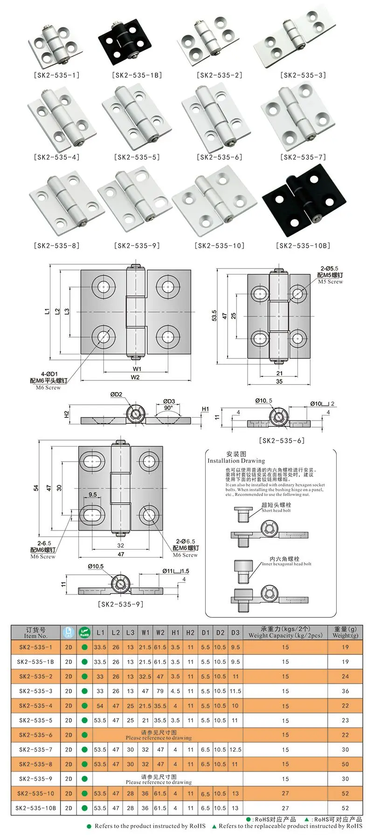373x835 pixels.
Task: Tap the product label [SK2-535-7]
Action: (303, 157)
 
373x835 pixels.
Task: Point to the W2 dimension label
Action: (135, 377)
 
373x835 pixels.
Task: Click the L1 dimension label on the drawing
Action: (47, 311)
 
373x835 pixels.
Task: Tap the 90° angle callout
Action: (168, 407)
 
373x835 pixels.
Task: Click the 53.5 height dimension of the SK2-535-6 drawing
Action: (214, 316)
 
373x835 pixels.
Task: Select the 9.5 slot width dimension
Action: (93, 495)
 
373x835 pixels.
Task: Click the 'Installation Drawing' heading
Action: (236, 461)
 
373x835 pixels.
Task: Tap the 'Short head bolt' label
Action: (276, 511)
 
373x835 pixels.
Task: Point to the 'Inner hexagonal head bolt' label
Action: (286, 564)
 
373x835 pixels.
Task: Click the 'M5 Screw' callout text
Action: (330, 282)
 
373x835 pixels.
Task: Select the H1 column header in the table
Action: (175, 633)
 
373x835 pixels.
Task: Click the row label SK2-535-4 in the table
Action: (36, 706)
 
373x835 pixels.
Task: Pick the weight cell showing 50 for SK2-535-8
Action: (345, 764)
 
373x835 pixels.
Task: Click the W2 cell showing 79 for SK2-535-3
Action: (160, 691)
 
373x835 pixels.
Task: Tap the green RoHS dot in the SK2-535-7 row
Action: (84, 750)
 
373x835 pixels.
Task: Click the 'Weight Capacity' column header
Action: (285, 633)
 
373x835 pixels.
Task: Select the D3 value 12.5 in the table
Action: (235, 750)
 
